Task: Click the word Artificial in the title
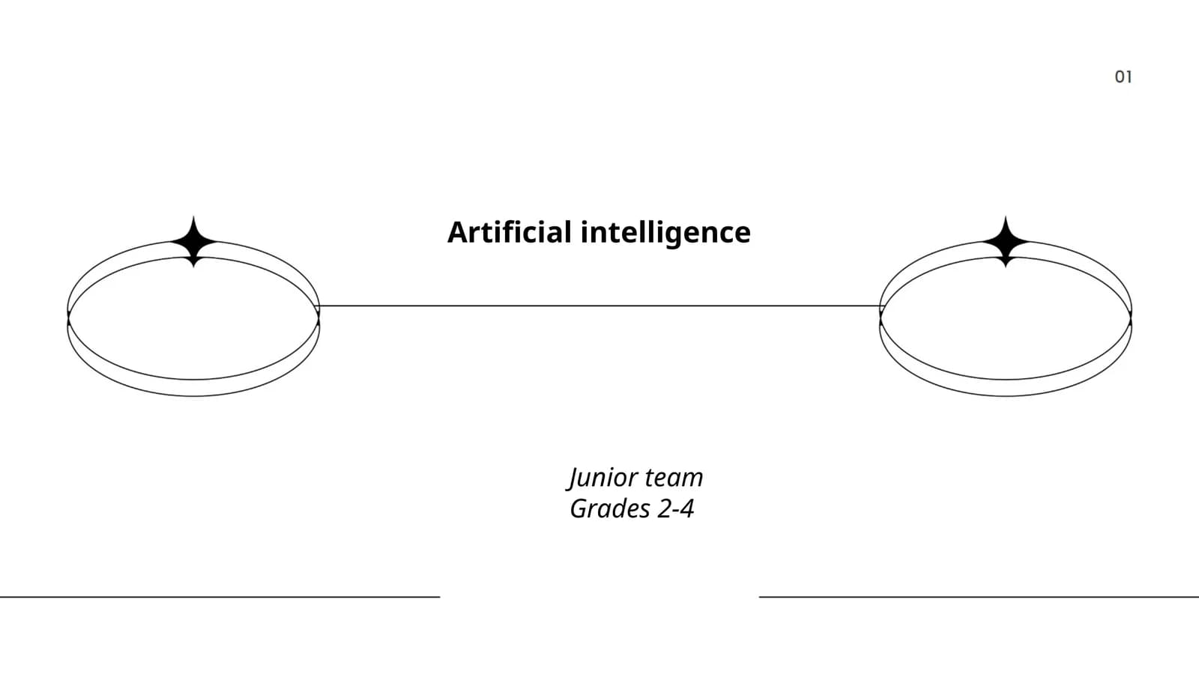coord(510,232)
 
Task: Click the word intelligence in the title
coord(666,234)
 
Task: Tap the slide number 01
coord(1123,77)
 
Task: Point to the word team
coord(674,478)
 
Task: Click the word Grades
coord(610,508)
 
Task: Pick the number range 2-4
coord(676,508)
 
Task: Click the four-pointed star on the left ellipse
coord(194,242)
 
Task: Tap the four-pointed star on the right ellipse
coord(1006,242)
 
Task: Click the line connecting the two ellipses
coord(599,306)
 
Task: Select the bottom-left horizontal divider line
coord(220,596)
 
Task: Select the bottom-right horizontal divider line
coord(979,596)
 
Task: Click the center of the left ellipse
coord(194,319)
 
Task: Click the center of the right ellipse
coord(1006,319)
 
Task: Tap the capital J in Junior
coord(573,479)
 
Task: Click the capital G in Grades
coord(580,508)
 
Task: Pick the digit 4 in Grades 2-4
coord(686,508)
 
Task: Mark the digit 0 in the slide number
coord(1120,77)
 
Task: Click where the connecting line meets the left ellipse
coord(319,306)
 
